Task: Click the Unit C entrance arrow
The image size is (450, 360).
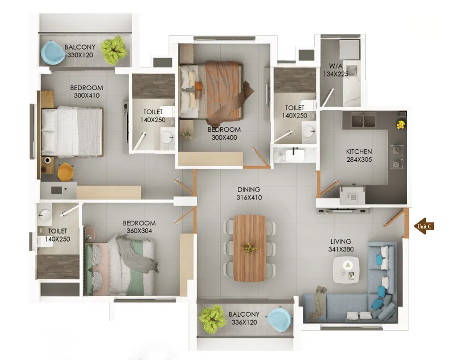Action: click(424, 226)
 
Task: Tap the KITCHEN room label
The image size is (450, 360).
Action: click(359, 151)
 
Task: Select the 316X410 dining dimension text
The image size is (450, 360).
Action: click(249, 197)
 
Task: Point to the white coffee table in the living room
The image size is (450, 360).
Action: click(346, 270)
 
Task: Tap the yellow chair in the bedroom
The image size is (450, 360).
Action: click(65, 172)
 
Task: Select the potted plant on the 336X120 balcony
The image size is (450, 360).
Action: click(211, 319)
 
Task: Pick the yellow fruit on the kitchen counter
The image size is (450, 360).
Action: click(401, 125)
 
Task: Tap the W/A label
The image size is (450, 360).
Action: click(336, 66)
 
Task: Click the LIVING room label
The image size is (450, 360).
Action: click(341, 241)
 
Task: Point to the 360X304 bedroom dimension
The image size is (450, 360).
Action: click(139, 230)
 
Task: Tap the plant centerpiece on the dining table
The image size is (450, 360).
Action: click(249, 247)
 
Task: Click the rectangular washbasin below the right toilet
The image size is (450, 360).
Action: click(295, 155)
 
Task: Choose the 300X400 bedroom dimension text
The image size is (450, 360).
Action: click(224, 138)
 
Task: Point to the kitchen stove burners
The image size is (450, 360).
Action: click(397, 157)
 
